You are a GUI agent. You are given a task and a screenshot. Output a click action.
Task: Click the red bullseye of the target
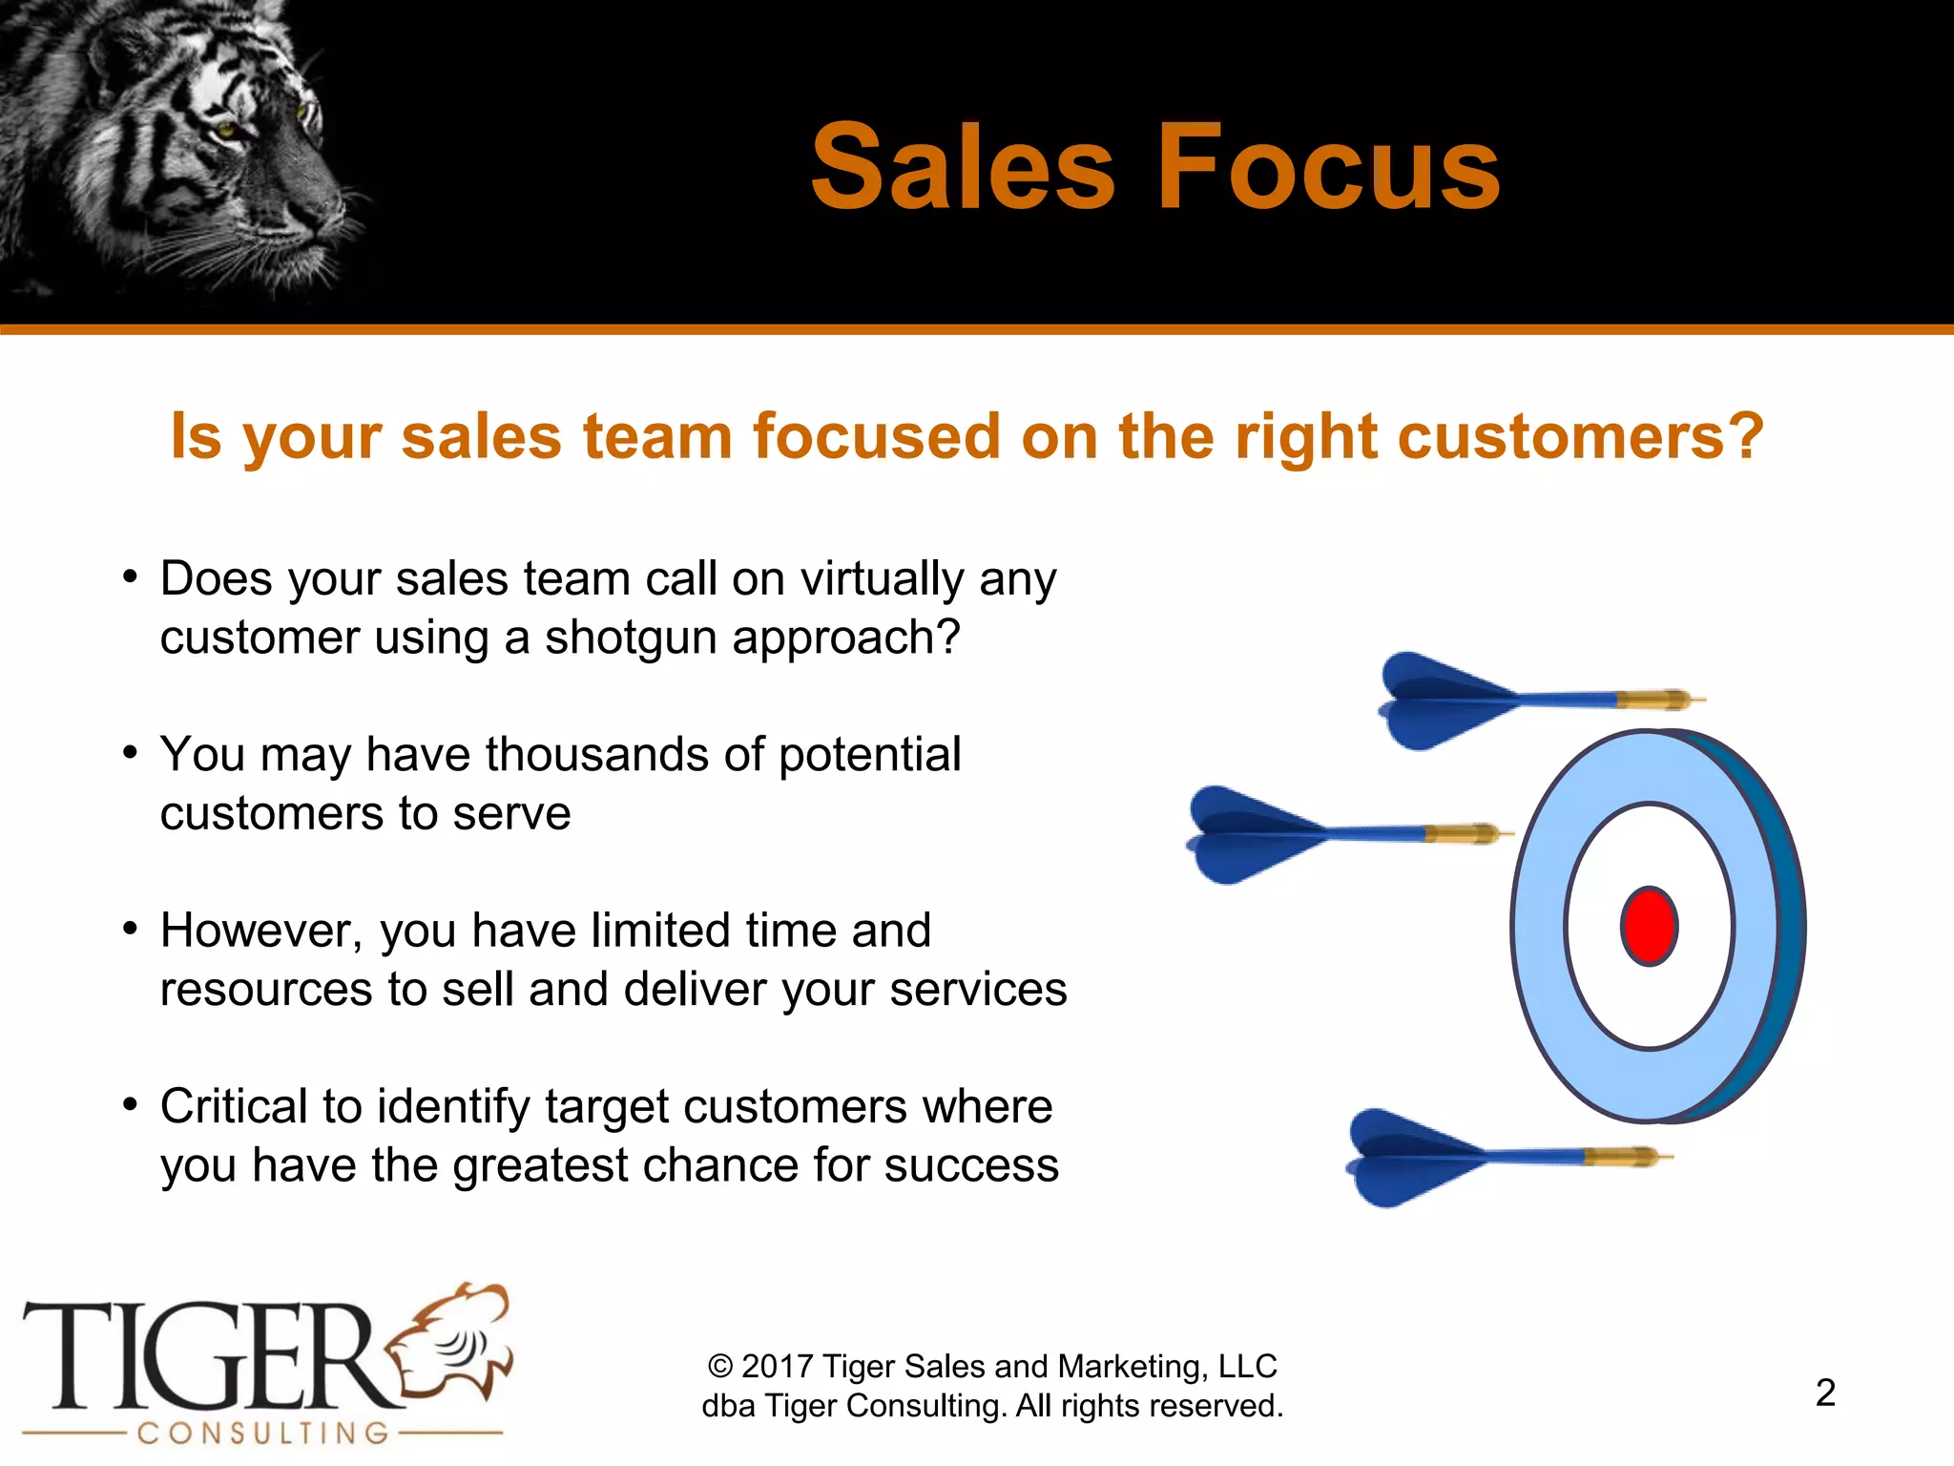tap(1649, 926)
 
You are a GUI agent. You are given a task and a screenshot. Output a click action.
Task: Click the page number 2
tap(1824, 1393)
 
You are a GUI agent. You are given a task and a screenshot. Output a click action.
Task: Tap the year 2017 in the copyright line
tap(776, 1367)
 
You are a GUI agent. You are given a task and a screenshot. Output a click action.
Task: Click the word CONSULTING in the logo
tap(262, 1433)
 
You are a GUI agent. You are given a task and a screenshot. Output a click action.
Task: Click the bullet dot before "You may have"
tap(131, 753)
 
